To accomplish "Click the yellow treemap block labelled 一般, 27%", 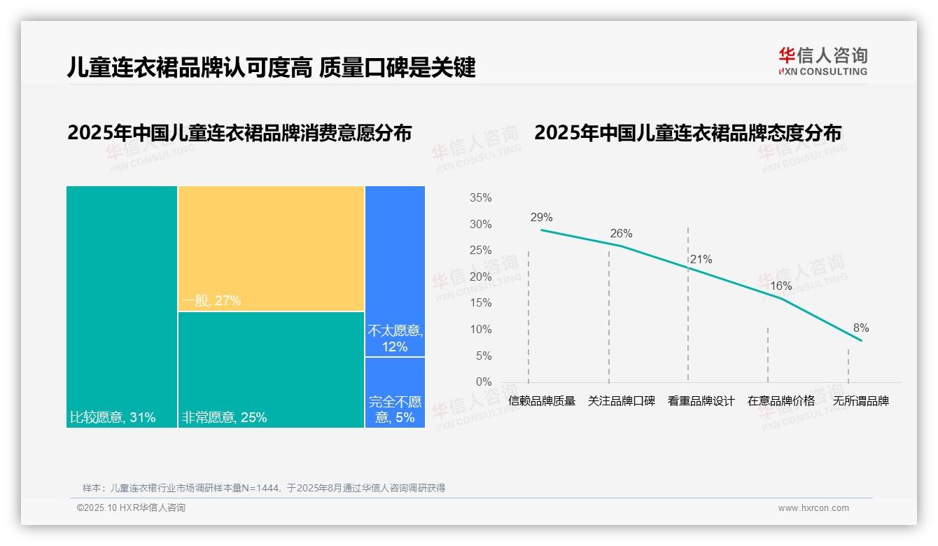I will coord(271,248).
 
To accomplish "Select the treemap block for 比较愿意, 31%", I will coord(122,307).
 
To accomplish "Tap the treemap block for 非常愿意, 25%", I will coord(271,369).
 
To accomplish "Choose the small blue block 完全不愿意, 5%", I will coord(395,393).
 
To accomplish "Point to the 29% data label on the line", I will coord(541,217).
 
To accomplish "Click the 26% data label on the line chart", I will coord(621,233).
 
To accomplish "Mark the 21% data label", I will coord(701,260).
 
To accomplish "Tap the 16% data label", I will coord(780,286).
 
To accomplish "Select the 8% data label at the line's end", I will coord(860,328).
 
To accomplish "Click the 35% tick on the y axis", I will coord(480,198).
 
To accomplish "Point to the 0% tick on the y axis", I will coord(483,382).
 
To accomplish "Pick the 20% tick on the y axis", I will coord(480,277).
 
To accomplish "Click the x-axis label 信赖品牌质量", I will coord(542,401).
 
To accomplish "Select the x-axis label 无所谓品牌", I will coord(860,401).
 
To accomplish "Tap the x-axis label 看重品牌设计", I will coord(701,401).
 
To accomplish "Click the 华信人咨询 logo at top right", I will coord(822,61).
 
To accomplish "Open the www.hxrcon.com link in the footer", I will coord(813,508).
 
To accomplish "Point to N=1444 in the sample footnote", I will coord(260,488).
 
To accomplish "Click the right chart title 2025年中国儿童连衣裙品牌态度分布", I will coord(687,133).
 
